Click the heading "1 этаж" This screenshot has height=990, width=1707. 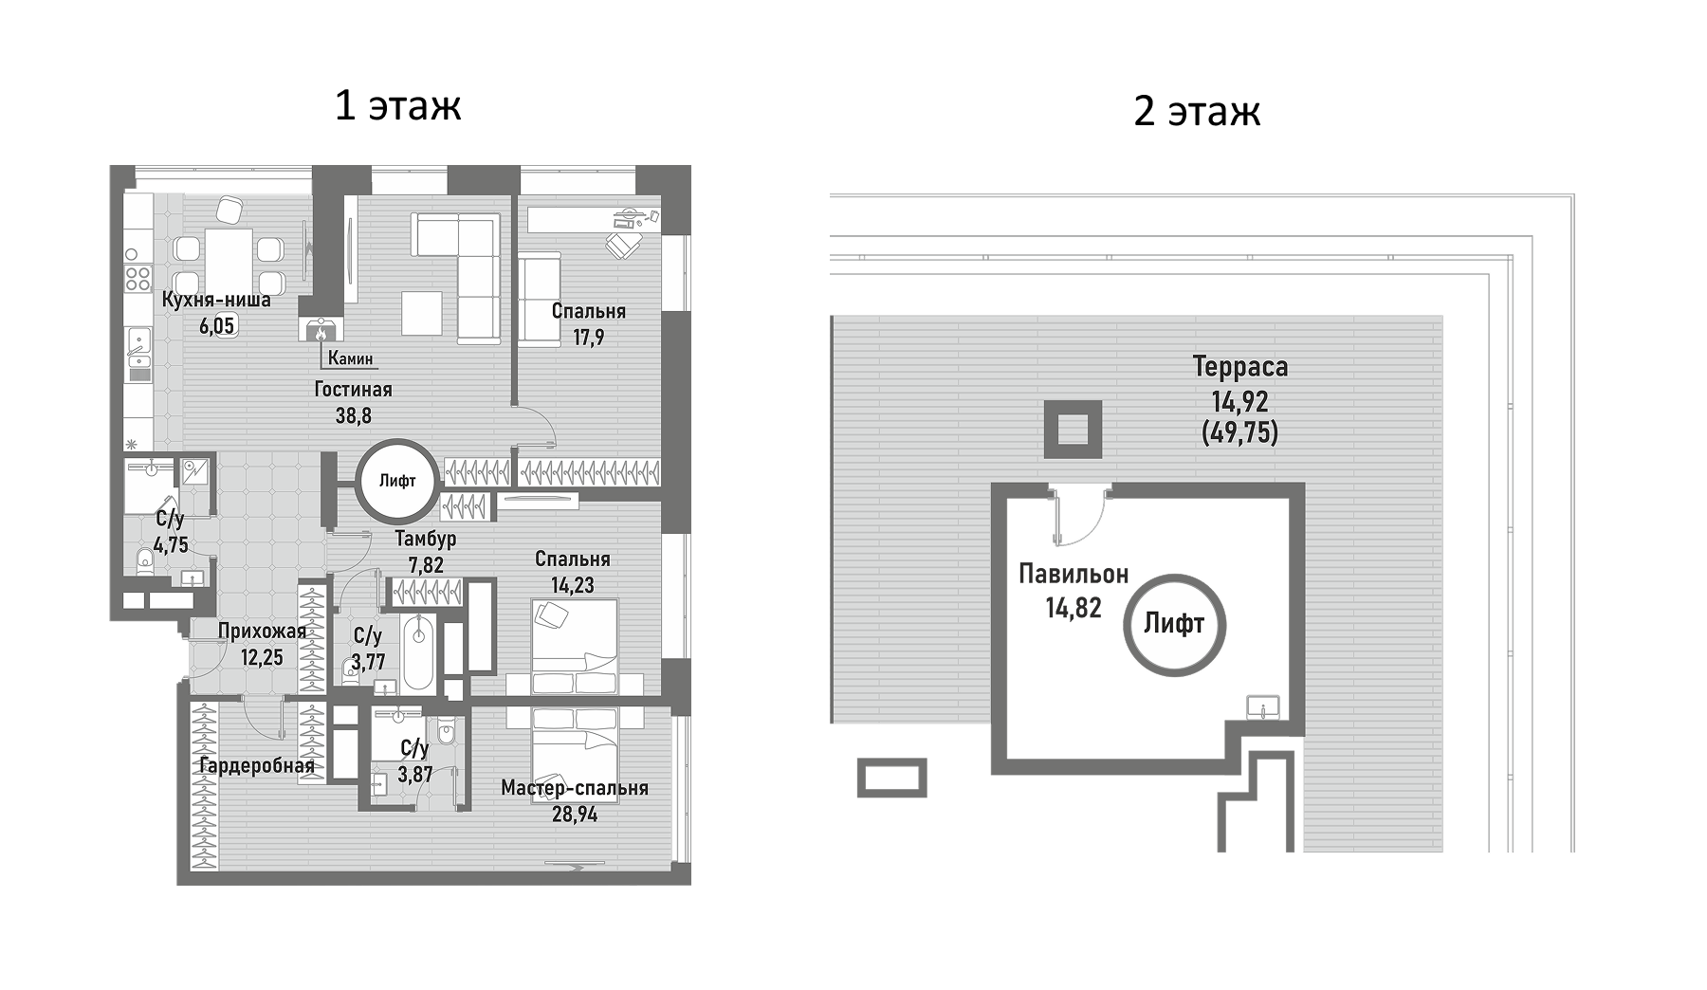[x=397, y=105]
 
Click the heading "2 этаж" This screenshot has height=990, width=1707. [x=1197, y=111]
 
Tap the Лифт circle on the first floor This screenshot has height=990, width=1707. [x=397, y=481]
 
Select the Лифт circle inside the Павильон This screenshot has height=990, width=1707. [x=1174, y=624]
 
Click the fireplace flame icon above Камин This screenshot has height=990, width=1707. [x=322, y=330]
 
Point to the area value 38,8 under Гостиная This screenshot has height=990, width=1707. [x=353, y=414]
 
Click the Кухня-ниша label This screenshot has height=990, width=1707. [x=216, y=301]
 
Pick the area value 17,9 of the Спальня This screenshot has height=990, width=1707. [x=588, y=337]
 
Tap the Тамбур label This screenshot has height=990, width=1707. [x=425, y=539]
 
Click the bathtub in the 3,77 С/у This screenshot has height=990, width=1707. [x=418, y=653]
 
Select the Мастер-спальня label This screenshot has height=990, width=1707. [x=575, y=788]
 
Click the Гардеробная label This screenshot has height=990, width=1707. [x=256, y=765]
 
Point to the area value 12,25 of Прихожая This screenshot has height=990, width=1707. [x=262, y=657]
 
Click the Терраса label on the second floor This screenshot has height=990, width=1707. [x=1239, y=366]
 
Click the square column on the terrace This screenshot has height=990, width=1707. [x=1073, y=430]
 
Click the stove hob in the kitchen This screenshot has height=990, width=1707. [x=138, y=277]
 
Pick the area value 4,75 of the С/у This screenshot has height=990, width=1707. [x=171, y=545]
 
